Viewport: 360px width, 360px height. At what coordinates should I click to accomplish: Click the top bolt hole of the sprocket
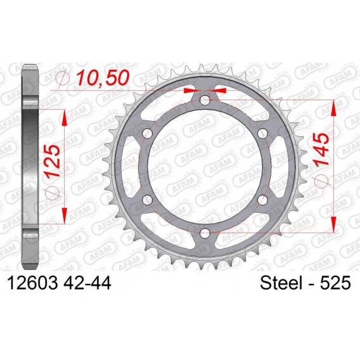pos(205,100)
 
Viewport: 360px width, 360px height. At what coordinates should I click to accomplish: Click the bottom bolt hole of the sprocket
pos(205,233)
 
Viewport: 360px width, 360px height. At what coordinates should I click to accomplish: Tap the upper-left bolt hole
pos(148,133)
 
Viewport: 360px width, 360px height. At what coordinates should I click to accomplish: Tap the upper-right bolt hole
pos(262,133)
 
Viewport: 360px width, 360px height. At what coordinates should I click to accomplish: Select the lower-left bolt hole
pos(148,200)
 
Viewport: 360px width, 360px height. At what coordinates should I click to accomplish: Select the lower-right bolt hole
pos(262,200)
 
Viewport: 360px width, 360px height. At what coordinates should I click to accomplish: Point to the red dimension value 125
pos(53,161)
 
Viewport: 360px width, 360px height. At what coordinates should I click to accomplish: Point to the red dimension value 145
pos(321,149)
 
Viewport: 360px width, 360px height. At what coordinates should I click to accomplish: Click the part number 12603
pos(32,283)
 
